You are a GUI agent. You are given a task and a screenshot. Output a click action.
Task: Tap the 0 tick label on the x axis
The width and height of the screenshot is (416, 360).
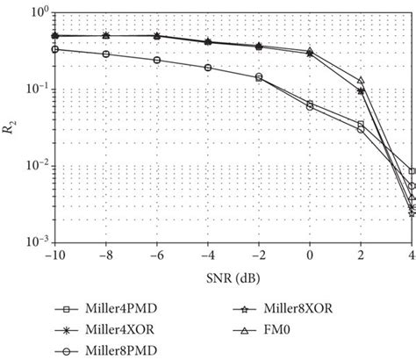pos(311,256)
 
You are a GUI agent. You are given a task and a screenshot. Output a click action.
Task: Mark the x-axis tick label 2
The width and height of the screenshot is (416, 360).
pos(362,256)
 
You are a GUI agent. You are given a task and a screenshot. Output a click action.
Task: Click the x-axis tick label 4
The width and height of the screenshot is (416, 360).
pos(412,256)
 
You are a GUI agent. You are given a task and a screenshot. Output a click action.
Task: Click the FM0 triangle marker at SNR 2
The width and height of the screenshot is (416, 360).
pos(361,81)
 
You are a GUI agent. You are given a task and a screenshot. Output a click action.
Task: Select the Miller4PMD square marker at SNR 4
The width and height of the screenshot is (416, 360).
pos(412,171)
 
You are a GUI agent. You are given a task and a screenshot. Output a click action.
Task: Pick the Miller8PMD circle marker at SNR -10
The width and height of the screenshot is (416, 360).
pos(54,49)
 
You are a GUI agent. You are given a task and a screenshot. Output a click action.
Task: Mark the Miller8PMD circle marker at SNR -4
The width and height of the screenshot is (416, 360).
pos(208,68)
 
